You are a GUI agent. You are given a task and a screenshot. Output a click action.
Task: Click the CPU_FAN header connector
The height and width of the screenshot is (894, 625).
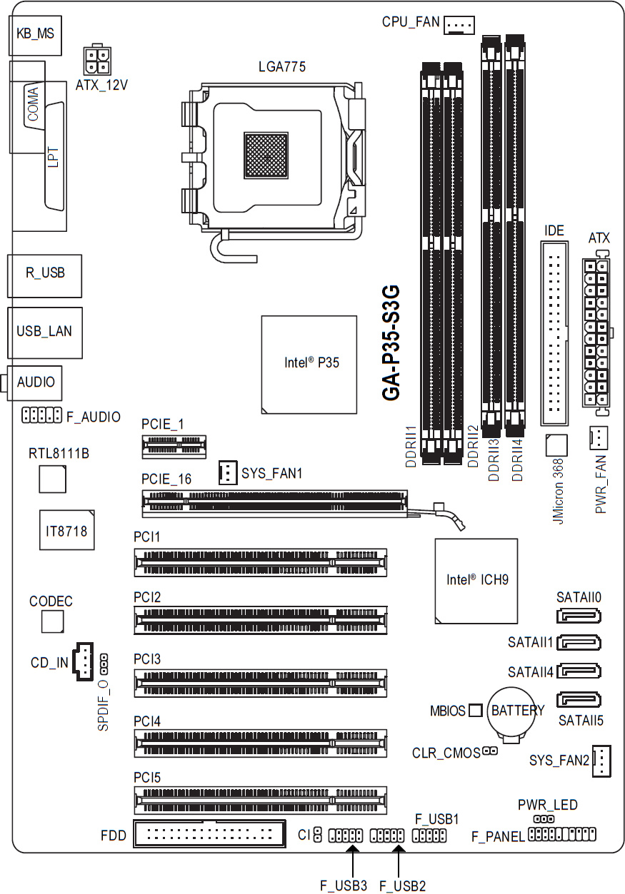459,26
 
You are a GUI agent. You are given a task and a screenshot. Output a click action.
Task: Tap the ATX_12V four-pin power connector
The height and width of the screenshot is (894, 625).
96,61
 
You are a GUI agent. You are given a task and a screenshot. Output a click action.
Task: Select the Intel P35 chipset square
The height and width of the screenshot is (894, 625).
309,364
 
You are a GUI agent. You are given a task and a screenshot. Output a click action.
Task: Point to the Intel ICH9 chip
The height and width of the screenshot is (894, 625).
476,580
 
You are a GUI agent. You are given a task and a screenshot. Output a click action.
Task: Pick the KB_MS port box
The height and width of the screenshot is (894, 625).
35,33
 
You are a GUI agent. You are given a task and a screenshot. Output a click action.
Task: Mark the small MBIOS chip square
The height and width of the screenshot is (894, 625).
476,711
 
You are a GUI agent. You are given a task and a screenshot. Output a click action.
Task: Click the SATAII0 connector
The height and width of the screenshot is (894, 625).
579,616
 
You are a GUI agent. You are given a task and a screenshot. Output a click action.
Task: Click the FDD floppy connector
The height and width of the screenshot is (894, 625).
209,833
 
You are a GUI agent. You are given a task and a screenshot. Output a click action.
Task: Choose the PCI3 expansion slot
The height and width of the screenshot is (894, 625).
260,684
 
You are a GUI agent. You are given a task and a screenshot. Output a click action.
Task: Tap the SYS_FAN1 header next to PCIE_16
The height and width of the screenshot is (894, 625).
226,472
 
